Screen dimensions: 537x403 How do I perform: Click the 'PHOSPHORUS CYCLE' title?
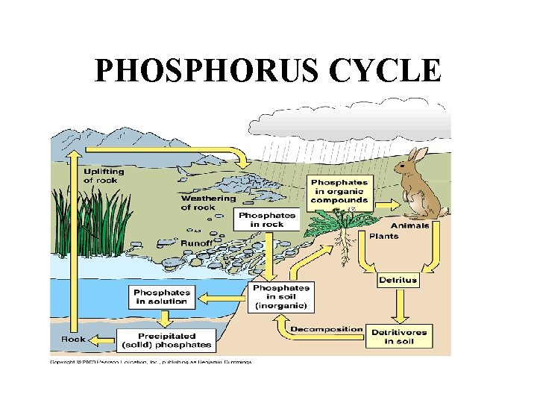click(268, 72)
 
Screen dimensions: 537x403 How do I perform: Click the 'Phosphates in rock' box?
click(268, 219)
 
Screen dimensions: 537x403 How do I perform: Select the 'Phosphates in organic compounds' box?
click(339, 192)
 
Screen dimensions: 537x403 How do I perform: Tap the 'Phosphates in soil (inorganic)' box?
click(281, 297)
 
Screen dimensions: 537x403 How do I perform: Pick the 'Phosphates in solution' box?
click(160, 296)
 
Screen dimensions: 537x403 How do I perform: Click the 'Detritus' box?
click(398, 281)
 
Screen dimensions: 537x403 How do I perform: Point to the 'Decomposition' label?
click(327, 329)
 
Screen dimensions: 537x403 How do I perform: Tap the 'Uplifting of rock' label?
click(104, 175)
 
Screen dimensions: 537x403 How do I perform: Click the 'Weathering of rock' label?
click(208, 202)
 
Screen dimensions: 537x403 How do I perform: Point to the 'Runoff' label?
click(198, 243)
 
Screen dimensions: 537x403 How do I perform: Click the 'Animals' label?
click(410, 225)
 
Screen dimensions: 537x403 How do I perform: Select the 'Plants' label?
click(384, 236)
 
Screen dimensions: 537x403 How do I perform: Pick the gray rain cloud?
click(351, 119)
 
